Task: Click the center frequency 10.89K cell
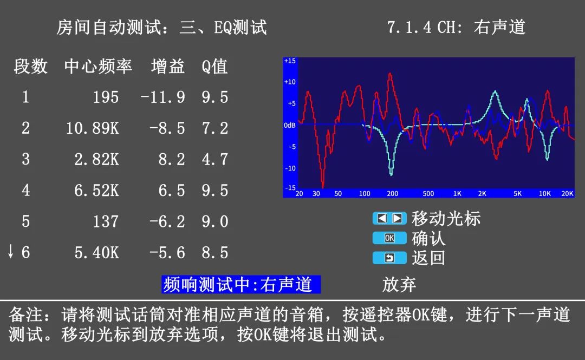[x=93, y=128]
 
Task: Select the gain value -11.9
[x=162, y=97]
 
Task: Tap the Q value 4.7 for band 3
[x=214, y=159]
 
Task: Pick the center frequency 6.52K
[x=96, y=191]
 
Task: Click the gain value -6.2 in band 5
[x=167, y=221]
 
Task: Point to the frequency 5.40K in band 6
[x=96, y=253]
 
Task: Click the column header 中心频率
[x=98, y=67]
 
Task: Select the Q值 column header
[x=214, y=67]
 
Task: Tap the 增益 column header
[x=168, y=67]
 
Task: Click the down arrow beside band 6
[x=11, y=251]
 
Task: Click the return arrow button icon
[x=389, y=258]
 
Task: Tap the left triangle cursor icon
[x=382, y=218]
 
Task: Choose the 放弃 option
[x=399, y=285]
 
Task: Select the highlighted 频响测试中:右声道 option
[x=240, y=285]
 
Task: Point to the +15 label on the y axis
[x=290, y=61]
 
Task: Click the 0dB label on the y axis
[x=290, y=126]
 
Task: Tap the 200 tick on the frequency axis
[x=393, y=194]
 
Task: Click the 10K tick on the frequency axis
[x=545, y=194]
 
